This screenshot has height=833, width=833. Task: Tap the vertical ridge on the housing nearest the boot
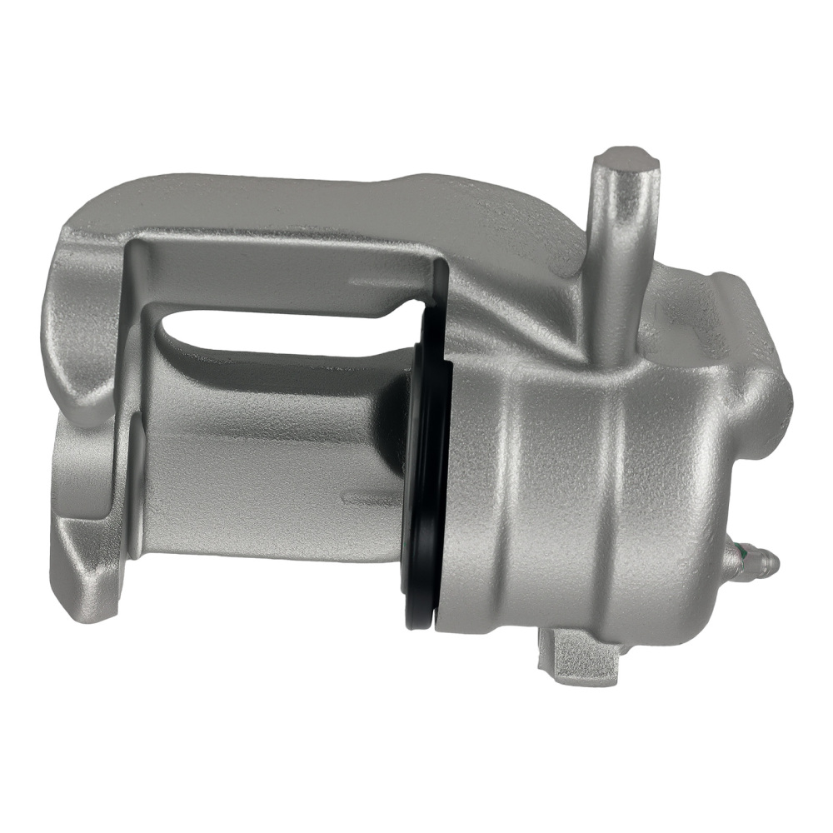pyautogui.click(x=508, y=500)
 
